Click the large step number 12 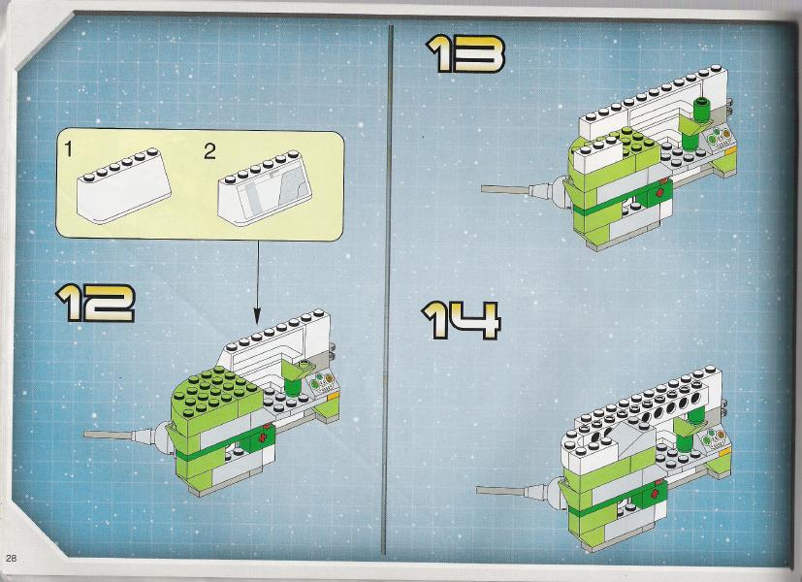click(95, 303)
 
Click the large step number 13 click(465, 53)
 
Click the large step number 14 click(461, 320)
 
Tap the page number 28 click(12, 558)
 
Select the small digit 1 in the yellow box click(69, 148)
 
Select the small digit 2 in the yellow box click(209, 151)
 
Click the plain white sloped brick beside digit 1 click(124, 185)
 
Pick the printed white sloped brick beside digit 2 click(265, 188)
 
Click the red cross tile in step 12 click(263, 438)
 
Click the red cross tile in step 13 click(660, 192)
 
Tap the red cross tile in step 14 click(655, 494)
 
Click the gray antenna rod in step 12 click(109, 436)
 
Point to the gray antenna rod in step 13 click(506, 189)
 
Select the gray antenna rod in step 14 click(500, 491)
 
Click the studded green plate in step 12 click(217, 390)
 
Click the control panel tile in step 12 click(322, 383)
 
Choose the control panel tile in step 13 click(720, 138)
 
